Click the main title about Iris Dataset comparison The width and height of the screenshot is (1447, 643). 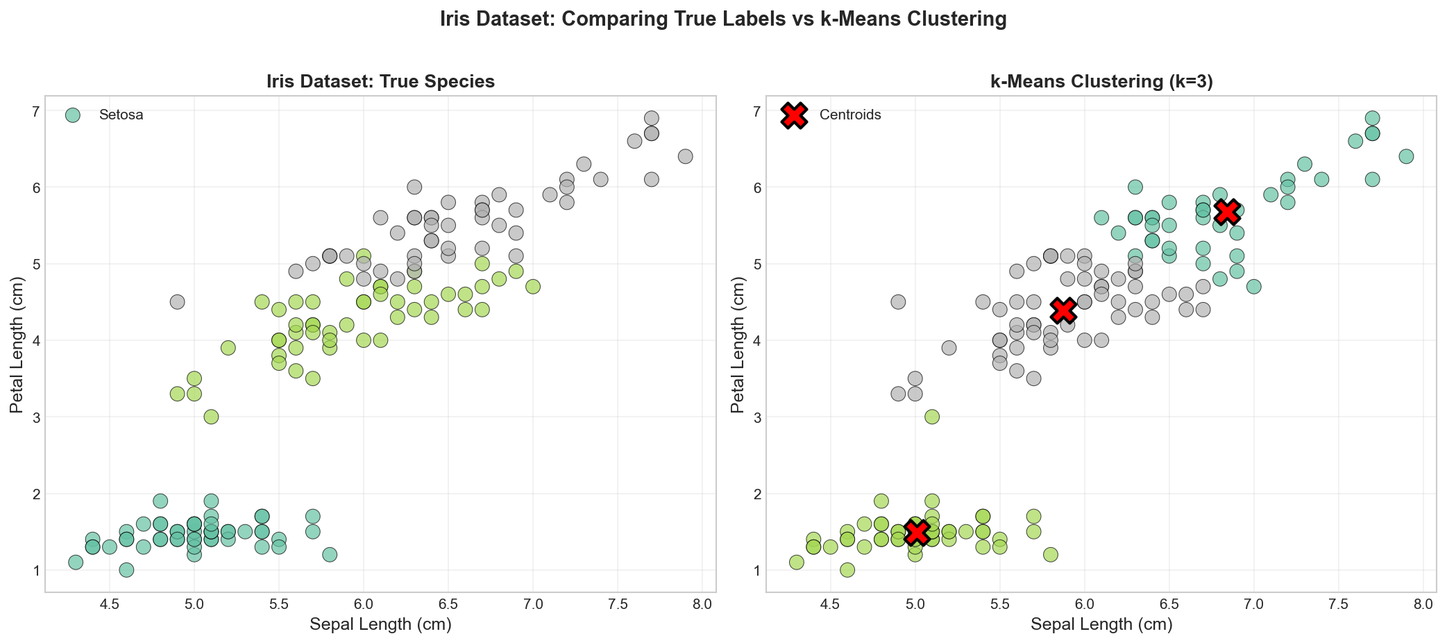pyautogui.click(x=723, y=19)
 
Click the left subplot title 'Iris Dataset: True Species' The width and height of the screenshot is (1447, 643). pyautogui.click(x=380, y=82)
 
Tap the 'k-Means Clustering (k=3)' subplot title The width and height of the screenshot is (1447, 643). pyautogui.click(x=1101, y=82)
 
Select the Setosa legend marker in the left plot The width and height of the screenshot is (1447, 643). pyautogui.click(x=72, y=115)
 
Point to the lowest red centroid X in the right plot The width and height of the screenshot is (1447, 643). pyautogui.click(x=916, y=532)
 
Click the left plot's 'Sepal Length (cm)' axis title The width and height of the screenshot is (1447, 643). pyautogui.click(x=380, y=625)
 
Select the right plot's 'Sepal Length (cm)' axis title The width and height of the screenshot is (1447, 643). pyautogui.click(x=1101, y=625)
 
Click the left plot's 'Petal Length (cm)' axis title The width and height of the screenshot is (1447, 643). pyautogui.click(x=17, y=344)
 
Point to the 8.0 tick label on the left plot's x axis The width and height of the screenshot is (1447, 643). pyautogui.click(x=702, y=604)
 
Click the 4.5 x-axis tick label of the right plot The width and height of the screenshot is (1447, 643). pyautogui.click(x=830, y=604)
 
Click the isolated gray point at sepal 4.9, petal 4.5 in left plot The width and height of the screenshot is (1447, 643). pyautogui.click(x=177, y=302)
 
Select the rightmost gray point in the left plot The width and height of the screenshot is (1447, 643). pyautogui.click(x=685, y=156)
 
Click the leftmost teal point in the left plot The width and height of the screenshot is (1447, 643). pyautogui.click(x=76, y=562)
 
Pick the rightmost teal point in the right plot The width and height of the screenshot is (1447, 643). pyautogui.click(x=1406, y=156)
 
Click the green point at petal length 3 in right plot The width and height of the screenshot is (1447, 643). pyautogui.click(x=932, y=417)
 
